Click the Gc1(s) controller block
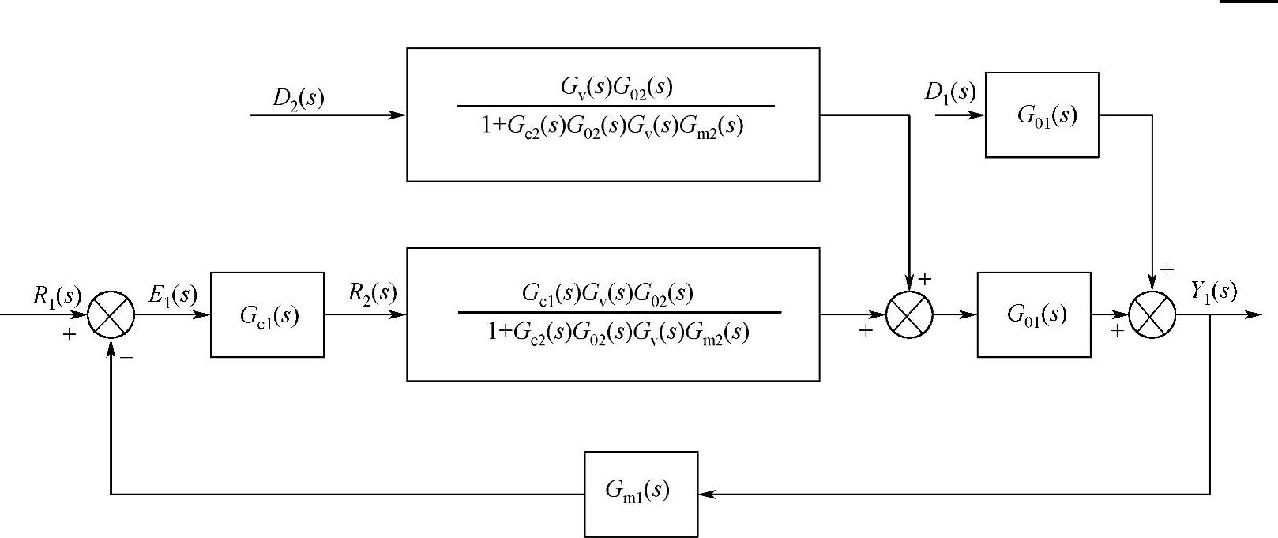coord(267,315)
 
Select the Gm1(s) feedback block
coord(641,494)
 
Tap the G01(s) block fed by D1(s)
coord(1042,115)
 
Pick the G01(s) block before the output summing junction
coord(1034,314)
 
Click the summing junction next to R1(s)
coord(111,314)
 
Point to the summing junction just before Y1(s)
coord(1152,314)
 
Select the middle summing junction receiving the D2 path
coord(909,314)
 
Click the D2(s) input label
coord(298,98)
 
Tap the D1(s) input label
coord(949,92)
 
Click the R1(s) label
coord(57,295)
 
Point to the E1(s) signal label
coord(172,295)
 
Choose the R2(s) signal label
coord(372,293)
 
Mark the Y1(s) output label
coord(1213,292)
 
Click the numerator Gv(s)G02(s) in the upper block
coord(616,87)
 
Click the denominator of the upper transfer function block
coord(612,126)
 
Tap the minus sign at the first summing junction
coord(126,357)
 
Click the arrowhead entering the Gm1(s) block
coord(706,495)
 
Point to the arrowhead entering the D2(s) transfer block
coord(398,115)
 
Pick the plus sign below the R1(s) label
coord(70,335)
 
